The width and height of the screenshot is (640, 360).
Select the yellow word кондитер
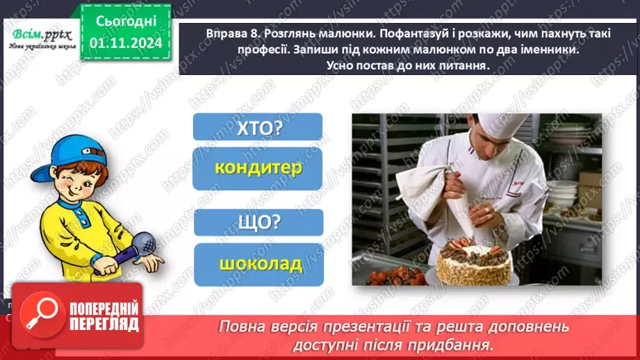coord(258,168)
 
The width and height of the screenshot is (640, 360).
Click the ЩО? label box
coord(258,222)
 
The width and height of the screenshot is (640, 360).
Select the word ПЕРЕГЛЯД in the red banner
coord(102,325)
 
